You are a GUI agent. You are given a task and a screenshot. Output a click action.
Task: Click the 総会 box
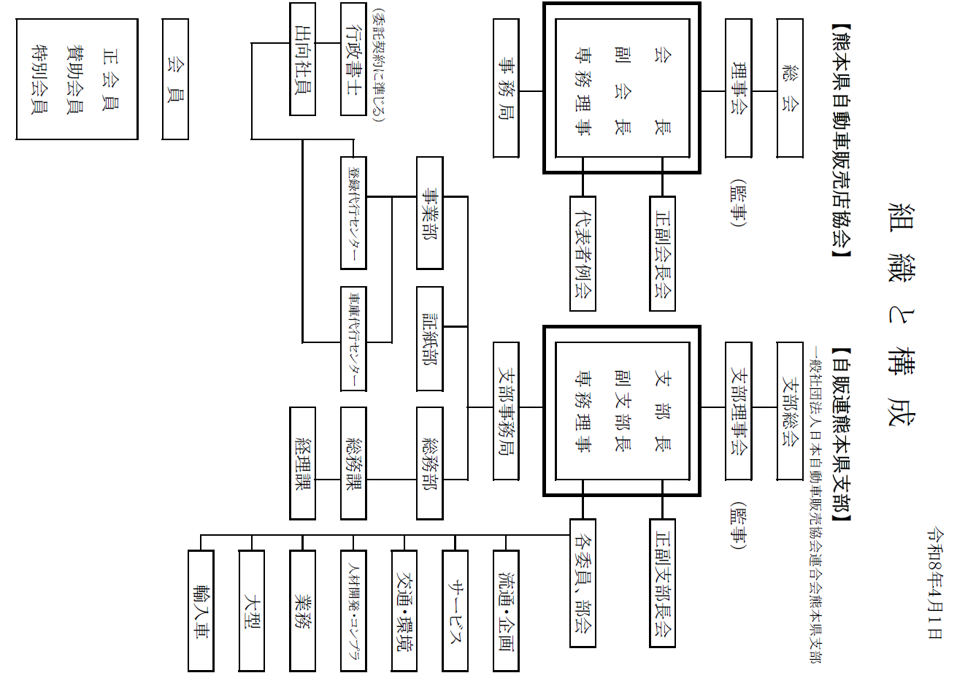point(790,88)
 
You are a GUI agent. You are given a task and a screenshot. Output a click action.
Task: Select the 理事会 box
point(738,88)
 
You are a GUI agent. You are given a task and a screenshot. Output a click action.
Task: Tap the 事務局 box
point(506,88)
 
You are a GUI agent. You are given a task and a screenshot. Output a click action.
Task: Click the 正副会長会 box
point(662,253)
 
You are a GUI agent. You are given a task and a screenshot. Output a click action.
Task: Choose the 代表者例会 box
point(583,253)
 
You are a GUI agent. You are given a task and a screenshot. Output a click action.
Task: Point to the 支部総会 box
point(790,411)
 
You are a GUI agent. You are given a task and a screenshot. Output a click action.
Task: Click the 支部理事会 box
point(738,411)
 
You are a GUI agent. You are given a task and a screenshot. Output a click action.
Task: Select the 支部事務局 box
point(506,411)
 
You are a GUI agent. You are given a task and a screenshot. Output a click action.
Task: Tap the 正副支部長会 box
point(662,582)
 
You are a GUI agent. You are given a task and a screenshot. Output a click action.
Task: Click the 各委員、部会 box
point(583,582)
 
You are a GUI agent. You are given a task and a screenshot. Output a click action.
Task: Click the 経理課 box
point(302,463)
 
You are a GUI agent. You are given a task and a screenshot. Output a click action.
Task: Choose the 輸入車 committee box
point(201,610)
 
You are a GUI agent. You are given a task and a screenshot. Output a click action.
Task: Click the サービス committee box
point(455,610)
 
